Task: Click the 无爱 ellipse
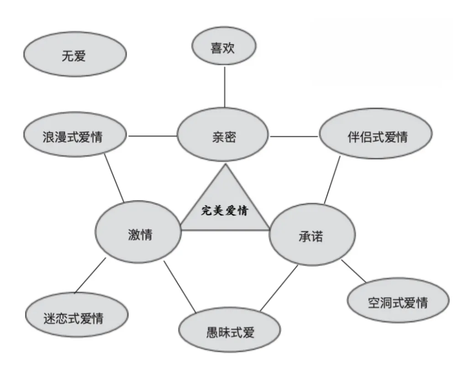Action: point(74,55)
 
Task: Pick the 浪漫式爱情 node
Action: point(75,136)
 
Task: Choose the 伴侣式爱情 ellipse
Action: point(375,136)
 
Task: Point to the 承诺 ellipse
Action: point(312,235)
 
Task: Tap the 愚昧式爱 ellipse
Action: point(229,331)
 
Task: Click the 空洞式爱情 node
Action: point(398,301)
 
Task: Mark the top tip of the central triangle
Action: point(225,165)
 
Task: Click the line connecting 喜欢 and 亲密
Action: point(225,87)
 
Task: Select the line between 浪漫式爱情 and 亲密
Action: point(152,136)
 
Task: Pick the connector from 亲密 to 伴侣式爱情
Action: point(294,136)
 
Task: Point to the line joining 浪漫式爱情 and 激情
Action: point(115,178)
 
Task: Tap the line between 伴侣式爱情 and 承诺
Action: point(332,181)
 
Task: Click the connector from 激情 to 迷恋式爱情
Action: point(90,275)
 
